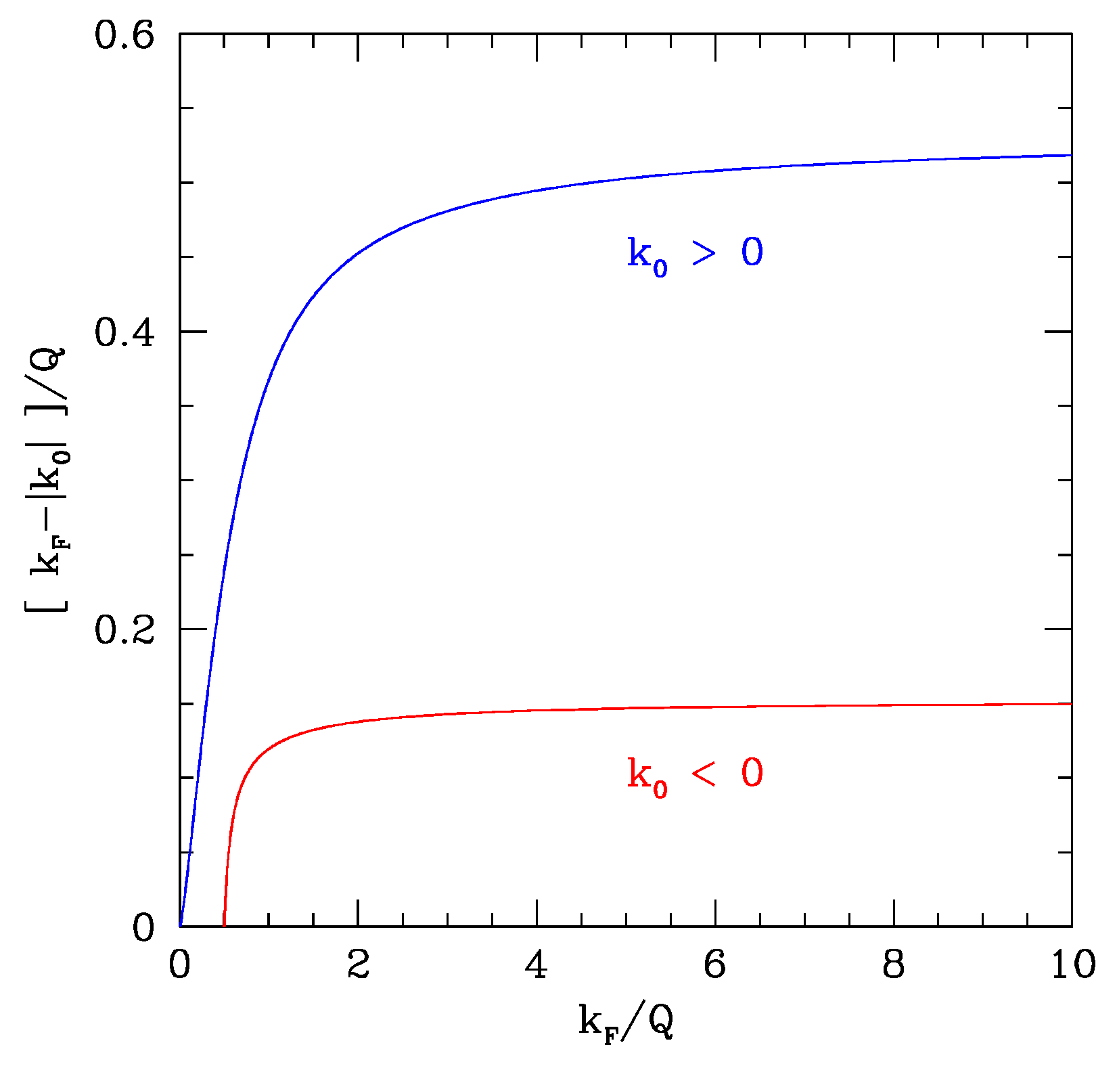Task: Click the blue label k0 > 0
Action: [695, 254]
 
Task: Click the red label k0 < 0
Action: [695, 775]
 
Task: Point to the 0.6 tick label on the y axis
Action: [115, 35]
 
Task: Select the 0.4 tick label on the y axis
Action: [115, 332]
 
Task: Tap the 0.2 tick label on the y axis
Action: [115, 630]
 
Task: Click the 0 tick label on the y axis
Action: [143, 928]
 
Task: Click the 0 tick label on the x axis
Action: [180, 964]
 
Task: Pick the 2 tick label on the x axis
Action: [359, 964]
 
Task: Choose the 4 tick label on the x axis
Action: [537, 964]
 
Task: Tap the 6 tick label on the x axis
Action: [715, 964]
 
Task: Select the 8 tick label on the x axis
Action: [894, 964]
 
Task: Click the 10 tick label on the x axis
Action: [1072, 964]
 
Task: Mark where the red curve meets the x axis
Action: [224, 925]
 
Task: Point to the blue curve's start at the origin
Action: [181, 925]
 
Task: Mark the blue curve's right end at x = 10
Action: [1072, 155]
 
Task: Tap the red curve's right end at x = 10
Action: [1072, 704]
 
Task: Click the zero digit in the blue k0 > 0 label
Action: [752, 252]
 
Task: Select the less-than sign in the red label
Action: [704, 774]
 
